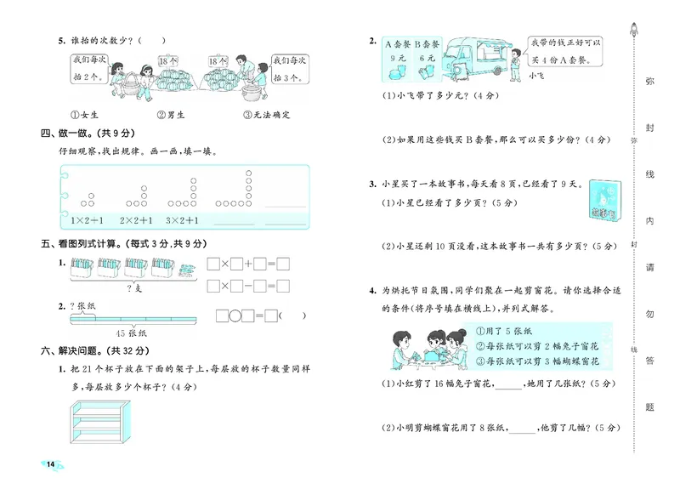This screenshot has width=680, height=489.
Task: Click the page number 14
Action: tap(51, 463)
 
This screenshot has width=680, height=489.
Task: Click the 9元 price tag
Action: tap(398, 59)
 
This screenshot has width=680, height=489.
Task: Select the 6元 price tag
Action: tap(427, 59)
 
